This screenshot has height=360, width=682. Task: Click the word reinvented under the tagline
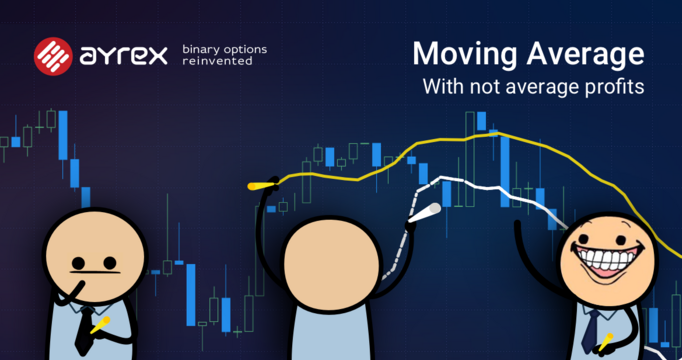[217, 62]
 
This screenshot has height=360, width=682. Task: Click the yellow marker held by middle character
[262, 186]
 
